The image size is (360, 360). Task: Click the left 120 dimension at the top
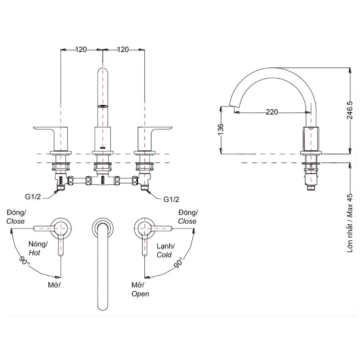click(x=81, y=50)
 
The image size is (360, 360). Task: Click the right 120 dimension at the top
click(x=123, y=50)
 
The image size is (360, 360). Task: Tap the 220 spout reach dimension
click(x=272, y=112)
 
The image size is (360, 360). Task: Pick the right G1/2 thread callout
click(x=171, y=199)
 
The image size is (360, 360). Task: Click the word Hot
click(x=34, y=253)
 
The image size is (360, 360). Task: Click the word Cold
click(x=164, y=255)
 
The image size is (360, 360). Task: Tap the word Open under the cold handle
click(x=140, y=294)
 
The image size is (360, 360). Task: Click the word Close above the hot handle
click(x=15, y=221)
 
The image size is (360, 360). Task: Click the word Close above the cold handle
click(x=187, y=221)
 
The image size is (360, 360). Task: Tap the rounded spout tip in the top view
click(x=104, y=306)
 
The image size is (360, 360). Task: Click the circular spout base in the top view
click(x=103, y=227)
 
